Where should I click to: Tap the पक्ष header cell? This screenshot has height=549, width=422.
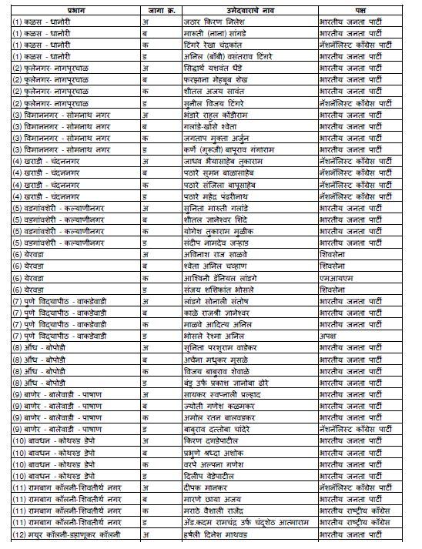coord(361,10)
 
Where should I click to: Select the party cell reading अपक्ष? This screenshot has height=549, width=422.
coord(330,336)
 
